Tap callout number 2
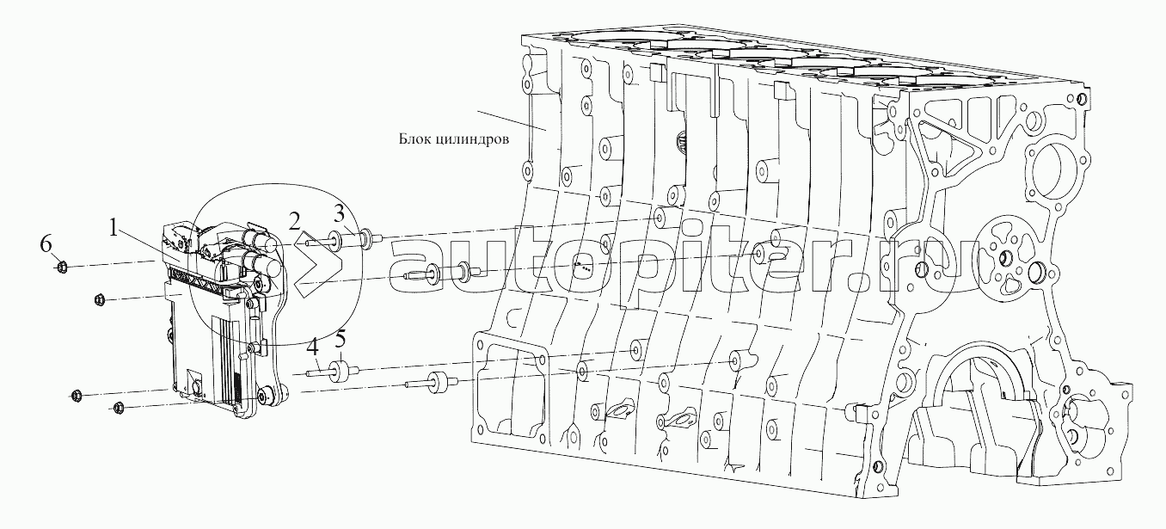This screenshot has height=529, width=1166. [295, 222]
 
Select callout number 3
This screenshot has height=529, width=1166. [340, 213]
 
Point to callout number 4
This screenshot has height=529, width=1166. [312, 348]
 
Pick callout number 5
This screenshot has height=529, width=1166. [340, 341]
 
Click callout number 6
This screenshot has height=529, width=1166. [46, 243]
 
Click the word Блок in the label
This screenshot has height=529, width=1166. [414, 138]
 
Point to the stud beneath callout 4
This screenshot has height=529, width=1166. [319, 372]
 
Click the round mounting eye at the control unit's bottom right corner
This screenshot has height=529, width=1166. [266, 396]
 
